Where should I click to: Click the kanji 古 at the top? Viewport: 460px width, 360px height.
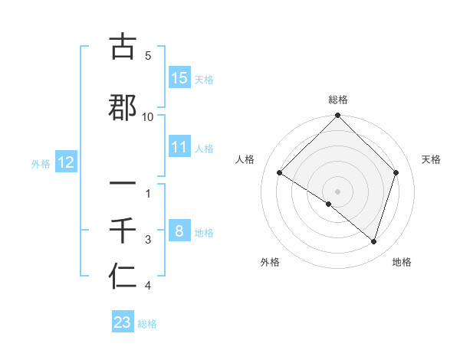[123, 47]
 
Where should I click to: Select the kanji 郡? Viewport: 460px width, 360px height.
[123, 106]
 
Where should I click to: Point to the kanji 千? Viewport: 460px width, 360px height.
[123, 231]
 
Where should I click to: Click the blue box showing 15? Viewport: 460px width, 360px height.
[179, 78]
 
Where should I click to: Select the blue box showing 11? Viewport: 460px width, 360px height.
[179, 147]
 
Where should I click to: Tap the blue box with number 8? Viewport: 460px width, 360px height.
[179, 231]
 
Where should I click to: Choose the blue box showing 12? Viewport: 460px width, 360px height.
[66, 162]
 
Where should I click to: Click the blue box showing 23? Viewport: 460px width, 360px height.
[123, 322]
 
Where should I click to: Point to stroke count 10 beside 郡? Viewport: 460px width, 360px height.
[148, 116]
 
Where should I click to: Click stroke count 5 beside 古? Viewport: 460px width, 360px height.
[148, 56]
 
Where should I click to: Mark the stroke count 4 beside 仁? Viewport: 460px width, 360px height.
[148, 286]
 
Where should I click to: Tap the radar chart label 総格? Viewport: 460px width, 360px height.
[338, 100]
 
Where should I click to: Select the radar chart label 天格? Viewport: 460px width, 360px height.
[432, 159]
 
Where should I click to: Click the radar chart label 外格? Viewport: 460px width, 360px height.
[270, 262]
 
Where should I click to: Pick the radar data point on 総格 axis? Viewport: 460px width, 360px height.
[338, 116]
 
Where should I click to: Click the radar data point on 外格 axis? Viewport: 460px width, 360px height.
[329, 204]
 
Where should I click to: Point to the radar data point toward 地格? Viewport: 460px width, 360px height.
[373, 241]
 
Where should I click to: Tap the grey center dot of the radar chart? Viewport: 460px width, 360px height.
[338, 190]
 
